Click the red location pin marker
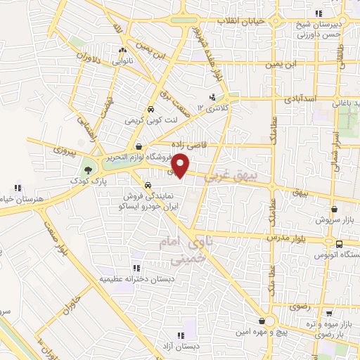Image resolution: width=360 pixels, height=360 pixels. coord(181,165)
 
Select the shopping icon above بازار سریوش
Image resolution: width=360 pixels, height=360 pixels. coord(334,209)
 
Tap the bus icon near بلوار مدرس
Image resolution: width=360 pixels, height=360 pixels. coord(340,244)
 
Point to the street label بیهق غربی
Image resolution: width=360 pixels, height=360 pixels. coord(226,174)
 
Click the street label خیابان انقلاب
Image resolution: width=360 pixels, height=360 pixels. coord(240,21)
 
